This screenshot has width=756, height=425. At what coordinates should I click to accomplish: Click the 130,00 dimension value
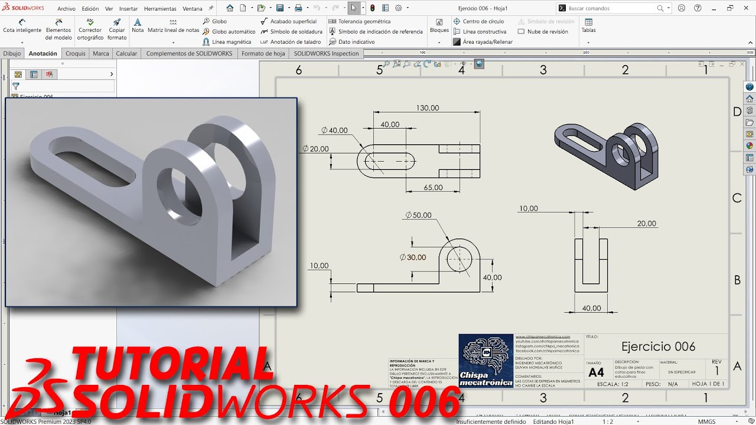[x=428, y=108]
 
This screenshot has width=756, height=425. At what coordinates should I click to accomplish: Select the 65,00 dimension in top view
[x=433, y=188]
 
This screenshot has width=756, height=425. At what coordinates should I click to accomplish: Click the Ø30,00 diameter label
[x=413, y=257]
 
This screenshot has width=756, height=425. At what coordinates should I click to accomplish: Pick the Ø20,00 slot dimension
[x=315, y=149]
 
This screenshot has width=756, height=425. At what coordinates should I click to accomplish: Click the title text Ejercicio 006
[x=658, y=346]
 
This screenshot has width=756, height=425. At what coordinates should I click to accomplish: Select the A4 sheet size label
[x=596, y=372]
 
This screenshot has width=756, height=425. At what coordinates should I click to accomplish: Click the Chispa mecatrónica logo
[x=486, y=360]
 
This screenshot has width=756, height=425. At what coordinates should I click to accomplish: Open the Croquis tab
[x=76, y=54]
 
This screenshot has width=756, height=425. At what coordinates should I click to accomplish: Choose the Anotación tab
[x=43, y=54]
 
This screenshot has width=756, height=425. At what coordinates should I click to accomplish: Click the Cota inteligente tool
[x=22, y=30]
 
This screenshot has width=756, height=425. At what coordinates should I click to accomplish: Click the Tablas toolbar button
[x=588, y=27]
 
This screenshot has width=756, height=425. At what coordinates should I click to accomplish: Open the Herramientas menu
[x=160, y=9]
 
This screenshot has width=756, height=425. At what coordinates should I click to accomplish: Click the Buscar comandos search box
[x=611, y=8]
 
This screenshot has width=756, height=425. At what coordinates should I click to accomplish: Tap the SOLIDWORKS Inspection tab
[x=326, y=54]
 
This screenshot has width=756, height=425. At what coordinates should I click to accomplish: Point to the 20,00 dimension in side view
[x=646, y=224]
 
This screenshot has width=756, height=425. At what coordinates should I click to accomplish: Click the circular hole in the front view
[x=459, y=258]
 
